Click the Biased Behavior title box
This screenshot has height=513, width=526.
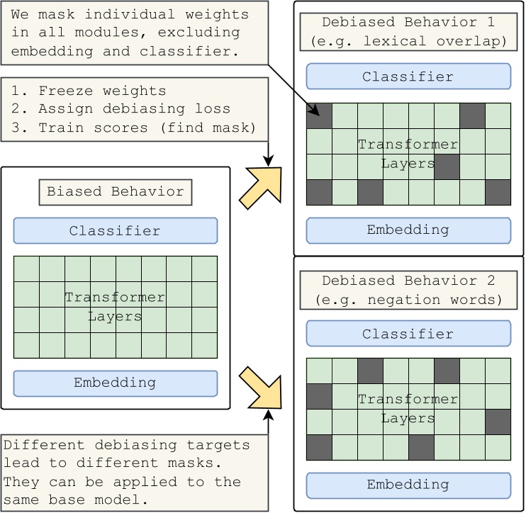pyautogui.click(x=115, y=192)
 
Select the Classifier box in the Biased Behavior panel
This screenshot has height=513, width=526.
pyautogui.click(x=115, y=231)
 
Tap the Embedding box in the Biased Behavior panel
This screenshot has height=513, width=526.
pyautogui.click(x=115, y=383)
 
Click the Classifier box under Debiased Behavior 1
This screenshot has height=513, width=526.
pyautogui.click(x=408, y=77)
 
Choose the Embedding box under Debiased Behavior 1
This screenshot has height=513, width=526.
pyautogui.click(x=408, y=230)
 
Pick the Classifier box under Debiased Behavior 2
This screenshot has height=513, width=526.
pyautogui.click(x=408, y=334)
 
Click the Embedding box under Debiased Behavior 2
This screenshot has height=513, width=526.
pyautogui.click(x=408, y=485)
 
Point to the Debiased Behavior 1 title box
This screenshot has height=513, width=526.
pyautogui.click(x=408, y=31)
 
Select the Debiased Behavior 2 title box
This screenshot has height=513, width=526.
pyautogui.click(x=408, y=291)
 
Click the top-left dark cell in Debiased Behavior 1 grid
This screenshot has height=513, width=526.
pyautogui.click(x=319, y=115)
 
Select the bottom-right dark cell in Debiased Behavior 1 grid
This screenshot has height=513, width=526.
pyautogui.click(x=498, y=192)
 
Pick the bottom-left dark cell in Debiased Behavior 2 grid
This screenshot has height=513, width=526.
pyautogui.click(x=319, y=447)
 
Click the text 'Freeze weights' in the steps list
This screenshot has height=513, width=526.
pyautogui.click(x=102, y=91)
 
